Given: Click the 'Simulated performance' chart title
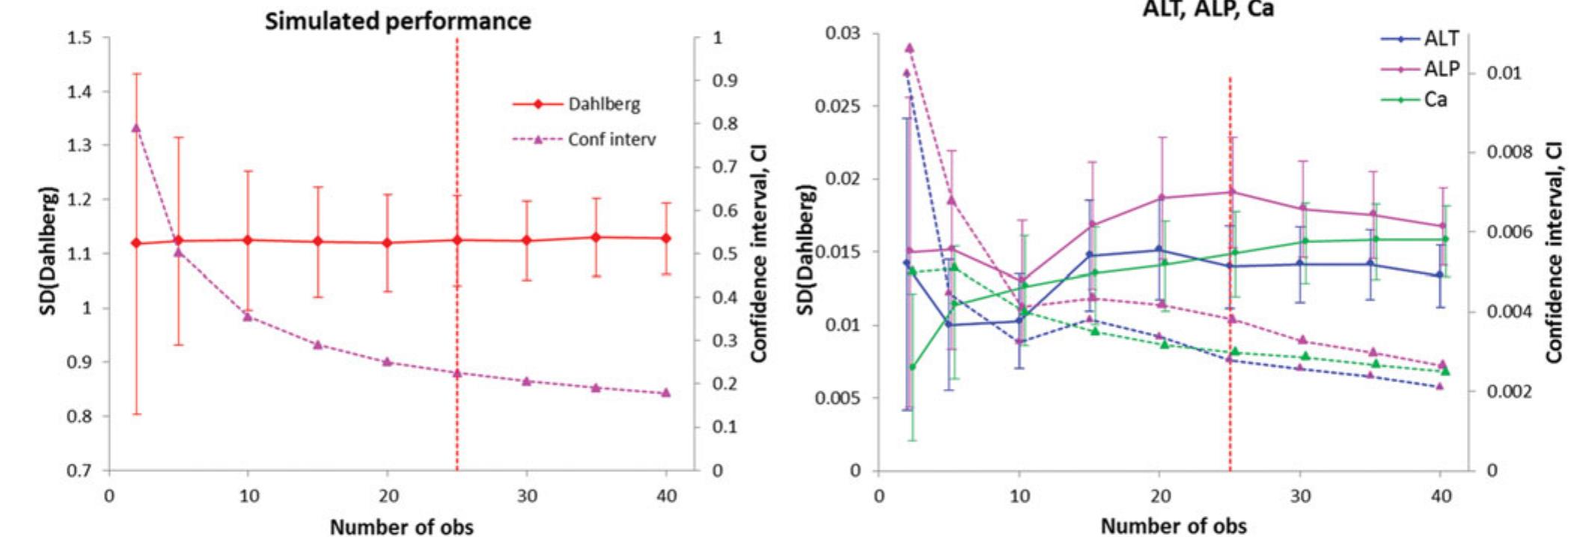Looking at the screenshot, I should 397,21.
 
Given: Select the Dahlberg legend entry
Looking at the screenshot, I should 603,104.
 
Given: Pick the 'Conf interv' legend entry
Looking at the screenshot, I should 611,139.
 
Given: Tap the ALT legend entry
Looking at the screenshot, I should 1441,40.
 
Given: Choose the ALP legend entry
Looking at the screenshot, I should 1441,70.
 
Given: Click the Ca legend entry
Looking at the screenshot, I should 1435,99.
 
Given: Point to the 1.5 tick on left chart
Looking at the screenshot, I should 79,38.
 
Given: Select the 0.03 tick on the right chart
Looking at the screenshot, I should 843,34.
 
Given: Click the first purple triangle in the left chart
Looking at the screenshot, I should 136,128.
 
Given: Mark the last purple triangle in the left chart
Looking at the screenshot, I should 666,393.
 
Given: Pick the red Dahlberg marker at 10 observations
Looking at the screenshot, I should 248,240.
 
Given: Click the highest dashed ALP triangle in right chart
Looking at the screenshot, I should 909,48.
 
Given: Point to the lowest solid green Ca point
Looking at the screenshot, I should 912,367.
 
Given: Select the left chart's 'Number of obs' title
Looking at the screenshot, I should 401,527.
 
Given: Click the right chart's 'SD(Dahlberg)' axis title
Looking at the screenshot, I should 805,251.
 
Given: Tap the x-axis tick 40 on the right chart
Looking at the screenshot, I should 1440,496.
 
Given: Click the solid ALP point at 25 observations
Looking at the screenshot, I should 1231,192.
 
